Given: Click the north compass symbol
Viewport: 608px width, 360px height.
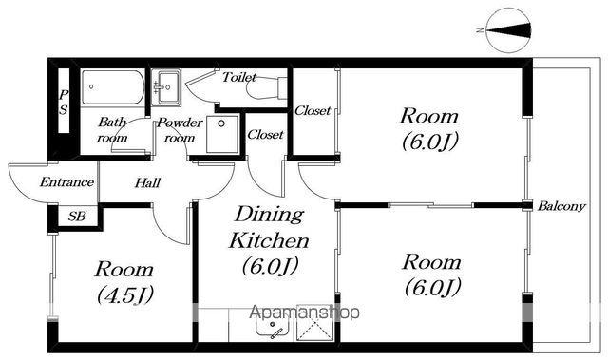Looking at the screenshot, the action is [x=509, y=30].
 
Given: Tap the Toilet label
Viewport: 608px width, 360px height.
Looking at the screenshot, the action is [x=239, y=78].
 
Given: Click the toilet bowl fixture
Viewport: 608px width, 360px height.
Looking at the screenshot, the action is [x=267, y=88].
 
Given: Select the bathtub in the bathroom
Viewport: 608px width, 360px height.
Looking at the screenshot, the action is [x=112, y=86].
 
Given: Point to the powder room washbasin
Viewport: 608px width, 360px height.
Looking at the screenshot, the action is [x=165, y=87].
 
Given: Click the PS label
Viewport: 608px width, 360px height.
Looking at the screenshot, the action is [x=64, y=102].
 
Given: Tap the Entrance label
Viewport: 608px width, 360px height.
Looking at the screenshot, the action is [x=66, y=182].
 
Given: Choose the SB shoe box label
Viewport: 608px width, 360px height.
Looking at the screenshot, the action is [x=77, y=216].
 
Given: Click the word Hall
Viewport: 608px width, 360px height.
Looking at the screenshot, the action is [x=147, y=182].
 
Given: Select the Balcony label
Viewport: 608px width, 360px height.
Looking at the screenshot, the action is [x=561, y=206].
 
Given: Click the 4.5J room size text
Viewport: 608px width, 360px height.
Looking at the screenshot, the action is [x=124, y=295].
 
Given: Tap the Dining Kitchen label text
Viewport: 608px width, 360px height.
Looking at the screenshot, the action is [x=269, y=227].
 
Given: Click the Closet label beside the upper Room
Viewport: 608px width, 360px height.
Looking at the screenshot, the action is [x=313, y=111].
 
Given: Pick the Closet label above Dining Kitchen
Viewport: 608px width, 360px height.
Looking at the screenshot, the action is [x=265, y=135].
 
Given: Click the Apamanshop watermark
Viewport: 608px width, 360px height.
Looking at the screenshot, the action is [x=305, y=313].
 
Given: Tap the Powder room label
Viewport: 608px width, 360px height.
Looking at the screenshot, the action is [x=180, y=130].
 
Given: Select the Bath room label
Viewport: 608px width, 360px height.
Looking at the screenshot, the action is [x=112, y=130].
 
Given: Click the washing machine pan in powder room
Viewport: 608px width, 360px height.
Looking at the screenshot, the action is [x=222, y=134].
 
